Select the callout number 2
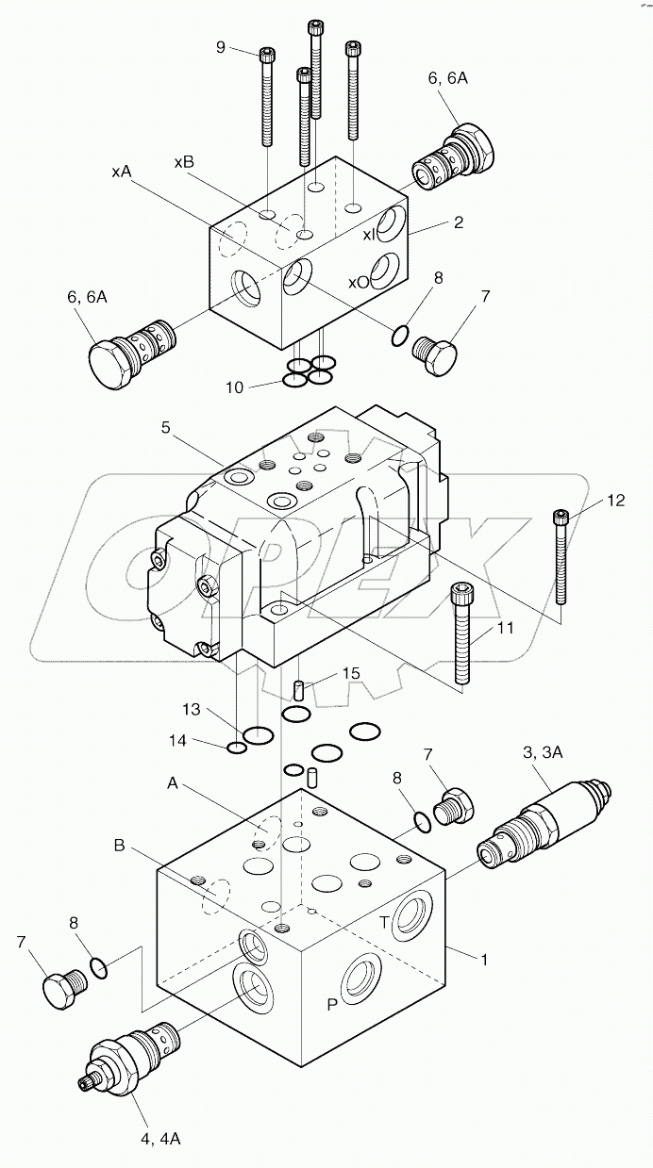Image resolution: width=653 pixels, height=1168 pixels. coord(459,222)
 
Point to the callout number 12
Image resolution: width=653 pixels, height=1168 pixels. coord(615,502)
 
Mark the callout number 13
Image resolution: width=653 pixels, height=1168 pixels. coord(193,709)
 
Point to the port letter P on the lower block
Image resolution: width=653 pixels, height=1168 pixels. coord(332,1005)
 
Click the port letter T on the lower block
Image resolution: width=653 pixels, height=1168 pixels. coord(384,923)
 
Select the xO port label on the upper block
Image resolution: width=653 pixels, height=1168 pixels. coord(358,281)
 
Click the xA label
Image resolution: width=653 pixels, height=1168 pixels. coord(121,172)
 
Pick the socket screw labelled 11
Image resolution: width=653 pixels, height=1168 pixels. coord(461,633)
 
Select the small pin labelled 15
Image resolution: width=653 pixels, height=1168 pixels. coord(299,690)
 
